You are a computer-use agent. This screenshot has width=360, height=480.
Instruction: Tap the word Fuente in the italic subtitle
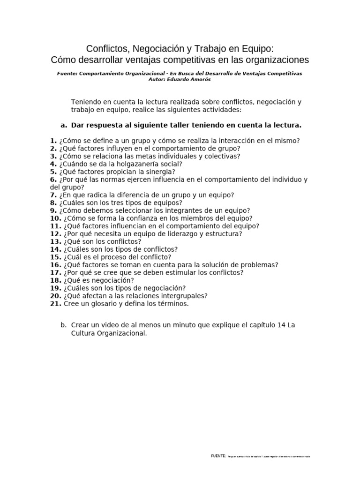click(x=67, y=74)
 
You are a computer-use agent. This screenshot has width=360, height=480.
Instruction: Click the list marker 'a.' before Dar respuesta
click(x=64, y=125)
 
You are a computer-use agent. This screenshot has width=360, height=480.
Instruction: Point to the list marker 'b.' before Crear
click(x=64, y=325)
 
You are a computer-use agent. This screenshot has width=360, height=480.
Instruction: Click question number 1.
click(x=53, y=141)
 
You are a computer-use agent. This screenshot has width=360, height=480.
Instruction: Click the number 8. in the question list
click(x=53, y=203)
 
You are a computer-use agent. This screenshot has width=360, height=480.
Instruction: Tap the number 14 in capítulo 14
click(x=280, y=325)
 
